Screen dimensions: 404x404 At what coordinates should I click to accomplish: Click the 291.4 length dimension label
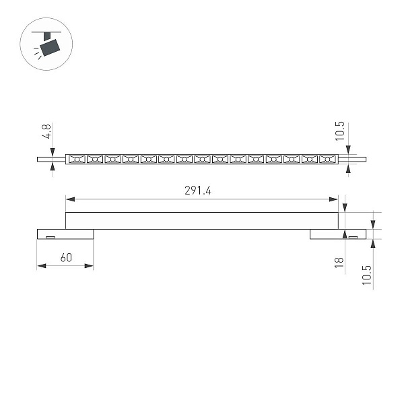[197, 191]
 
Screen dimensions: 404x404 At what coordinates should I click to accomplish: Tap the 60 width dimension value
[66, 258]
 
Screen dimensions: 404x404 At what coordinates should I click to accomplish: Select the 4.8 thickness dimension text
[46, 131]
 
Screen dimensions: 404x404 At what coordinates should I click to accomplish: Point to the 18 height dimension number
[339, 263]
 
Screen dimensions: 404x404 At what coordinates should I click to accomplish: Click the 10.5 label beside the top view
[340, 131]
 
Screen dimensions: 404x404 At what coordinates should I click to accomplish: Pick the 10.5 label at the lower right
[367, 275]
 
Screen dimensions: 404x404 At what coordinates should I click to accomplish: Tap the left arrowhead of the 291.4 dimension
[70, 199]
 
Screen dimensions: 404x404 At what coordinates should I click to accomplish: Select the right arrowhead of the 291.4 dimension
[333, 199]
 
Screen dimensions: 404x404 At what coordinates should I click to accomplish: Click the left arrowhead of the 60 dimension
[42, 266]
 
